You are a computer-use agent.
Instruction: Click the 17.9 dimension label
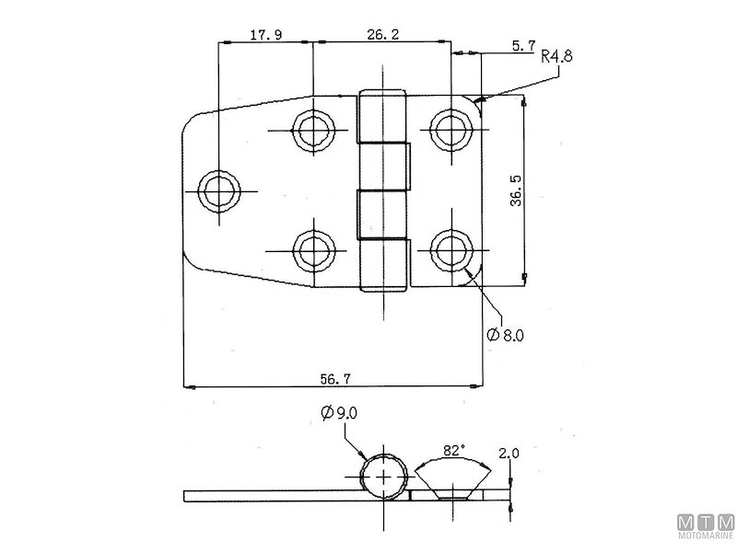tap(266, 35)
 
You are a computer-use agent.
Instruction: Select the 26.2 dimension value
tap(382, 35)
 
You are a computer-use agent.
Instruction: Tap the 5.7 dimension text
tap(522, 45)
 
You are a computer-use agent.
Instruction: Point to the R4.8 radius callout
tap(557, 55)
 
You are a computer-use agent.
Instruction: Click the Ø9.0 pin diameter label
tap(339, 414)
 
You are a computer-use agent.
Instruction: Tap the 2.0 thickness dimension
tap(509, 454)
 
